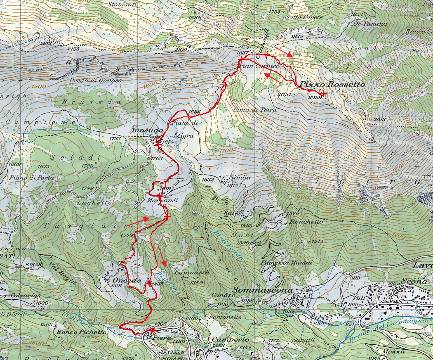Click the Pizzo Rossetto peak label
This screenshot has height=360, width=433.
[332, 84]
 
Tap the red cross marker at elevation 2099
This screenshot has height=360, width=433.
[324, 94]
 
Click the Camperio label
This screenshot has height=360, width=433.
[226, 339]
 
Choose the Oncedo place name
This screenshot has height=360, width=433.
[127, 280]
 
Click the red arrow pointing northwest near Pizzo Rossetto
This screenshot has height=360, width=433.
[273, 78]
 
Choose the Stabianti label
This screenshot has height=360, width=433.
[122, 4]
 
